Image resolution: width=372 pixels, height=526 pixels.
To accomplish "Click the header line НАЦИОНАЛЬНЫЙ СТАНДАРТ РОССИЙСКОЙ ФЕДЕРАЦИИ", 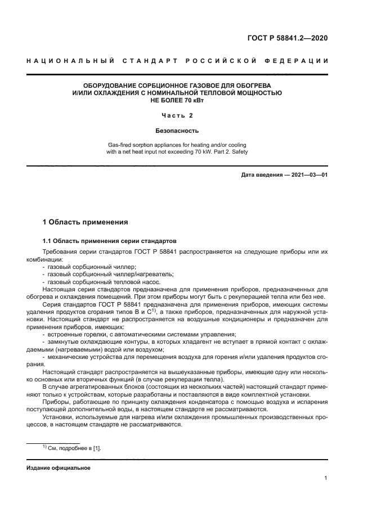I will [177, 60].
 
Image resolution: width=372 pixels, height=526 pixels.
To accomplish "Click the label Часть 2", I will [177, 116].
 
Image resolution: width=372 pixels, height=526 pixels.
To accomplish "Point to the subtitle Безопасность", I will [177, 131].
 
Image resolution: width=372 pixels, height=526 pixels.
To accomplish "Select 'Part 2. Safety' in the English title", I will [228, 152].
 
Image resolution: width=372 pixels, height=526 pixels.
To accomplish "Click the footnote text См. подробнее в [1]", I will [75, 448].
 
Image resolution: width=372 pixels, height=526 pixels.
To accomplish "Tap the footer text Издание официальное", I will [59, 468].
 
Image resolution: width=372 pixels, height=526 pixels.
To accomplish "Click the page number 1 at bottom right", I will [326, 478].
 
